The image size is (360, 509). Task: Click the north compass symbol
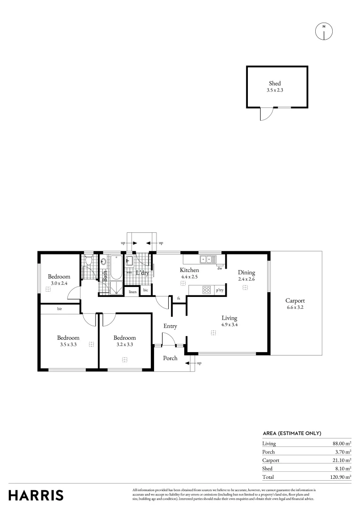coord(324,31)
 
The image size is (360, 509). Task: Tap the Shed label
coord(275,83)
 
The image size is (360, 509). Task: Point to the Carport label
coord(295,301)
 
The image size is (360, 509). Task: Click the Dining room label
coord(246,272)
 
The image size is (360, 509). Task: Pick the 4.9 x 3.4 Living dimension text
coord(229,324)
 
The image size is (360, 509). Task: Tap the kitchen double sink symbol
coord(208,259)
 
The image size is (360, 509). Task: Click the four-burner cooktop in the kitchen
coord(206,290)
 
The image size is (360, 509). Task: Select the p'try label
coord(220,291)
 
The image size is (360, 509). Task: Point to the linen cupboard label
coord(132,292)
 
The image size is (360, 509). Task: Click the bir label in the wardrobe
coord(60,309)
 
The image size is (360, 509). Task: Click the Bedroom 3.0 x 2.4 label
coord(59,277)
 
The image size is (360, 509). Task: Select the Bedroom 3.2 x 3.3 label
coord(125,337)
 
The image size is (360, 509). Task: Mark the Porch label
coord(170,358)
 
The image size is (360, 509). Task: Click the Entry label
coord(170,326)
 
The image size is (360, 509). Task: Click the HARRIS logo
coord(36,495)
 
